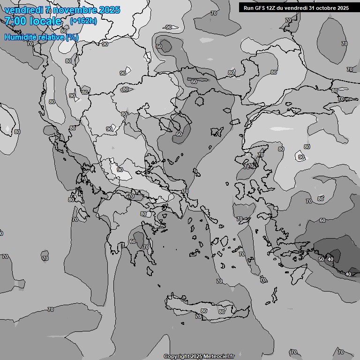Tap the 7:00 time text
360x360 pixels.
pyautogui.click(x=15, y=21)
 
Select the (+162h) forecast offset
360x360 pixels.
pyautogui.click(x=83, y=21)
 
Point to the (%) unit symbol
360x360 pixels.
pyautogui.click(x=72, y=37)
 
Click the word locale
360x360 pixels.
pyautogui.click(x=45, y=21)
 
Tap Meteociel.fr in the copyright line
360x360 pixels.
pyautogui.click(x=218, y=357)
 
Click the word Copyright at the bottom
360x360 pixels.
pyautogui.click(x=176, y=357)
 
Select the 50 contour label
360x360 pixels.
pyautogui.click(x=321, y=259)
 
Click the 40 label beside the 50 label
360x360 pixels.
pyautogui.click(x=330, y=259)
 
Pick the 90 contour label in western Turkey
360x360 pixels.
pyautogui.click(x=301, y=157)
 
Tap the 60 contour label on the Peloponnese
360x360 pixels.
pyautogui.click(x=133, y=242)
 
